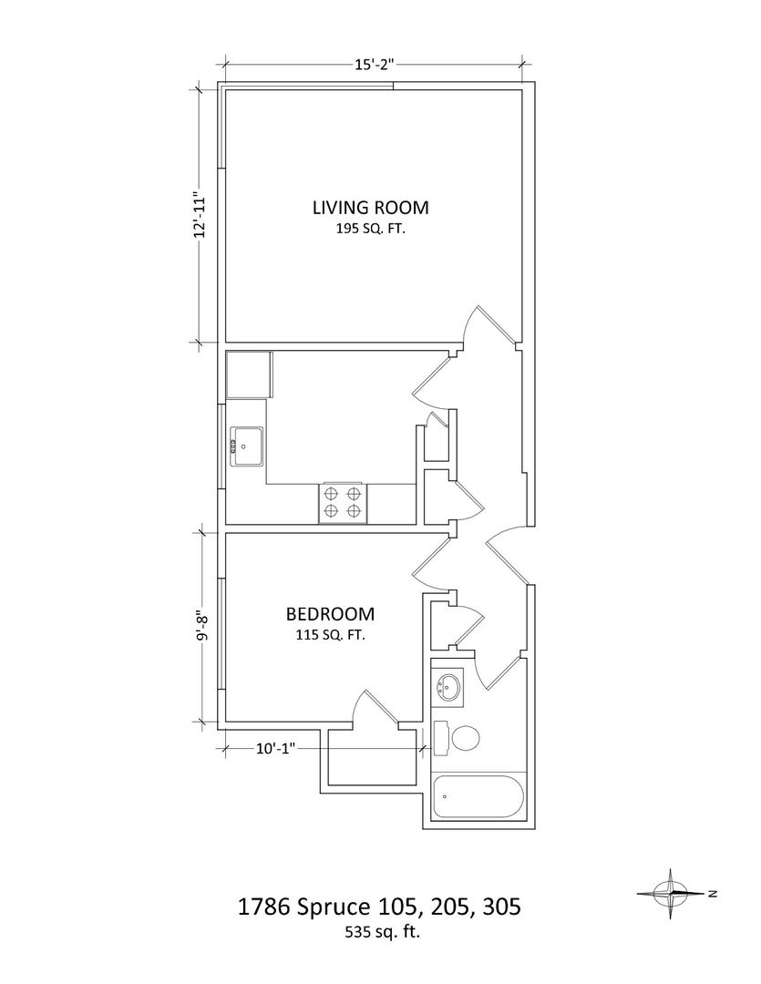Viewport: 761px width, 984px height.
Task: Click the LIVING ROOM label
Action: [x=370, y=207]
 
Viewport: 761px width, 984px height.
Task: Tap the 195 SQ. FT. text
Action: [x=370, y=229]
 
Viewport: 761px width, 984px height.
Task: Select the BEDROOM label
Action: [x=330, y=614]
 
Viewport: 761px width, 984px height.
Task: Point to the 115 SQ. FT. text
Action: [x=330, y=635]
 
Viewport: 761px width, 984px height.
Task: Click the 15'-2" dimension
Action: [x=374, y=64]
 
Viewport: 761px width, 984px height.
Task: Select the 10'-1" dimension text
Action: [x=275, y=748]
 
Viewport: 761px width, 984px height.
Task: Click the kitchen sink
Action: [x=247, y=446]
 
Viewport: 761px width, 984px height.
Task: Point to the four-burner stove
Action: [x=343, y=503]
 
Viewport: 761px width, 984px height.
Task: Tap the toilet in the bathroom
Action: [x=457, y=738]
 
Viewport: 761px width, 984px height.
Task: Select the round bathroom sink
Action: [x=448, y=687]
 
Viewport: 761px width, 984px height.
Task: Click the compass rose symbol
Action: [x=671, y=893]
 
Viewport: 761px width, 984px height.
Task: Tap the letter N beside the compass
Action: [x=712, y=894]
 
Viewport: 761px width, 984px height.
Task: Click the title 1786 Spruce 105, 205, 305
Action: [x=379, y=907]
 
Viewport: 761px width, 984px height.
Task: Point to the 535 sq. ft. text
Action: [x=382, y=932]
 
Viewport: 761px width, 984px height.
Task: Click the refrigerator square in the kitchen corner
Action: [x=250, y=374]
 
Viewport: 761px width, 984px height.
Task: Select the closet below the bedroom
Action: [x=373, y=757]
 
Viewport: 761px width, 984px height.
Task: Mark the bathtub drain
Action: [x=445, y=797]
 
